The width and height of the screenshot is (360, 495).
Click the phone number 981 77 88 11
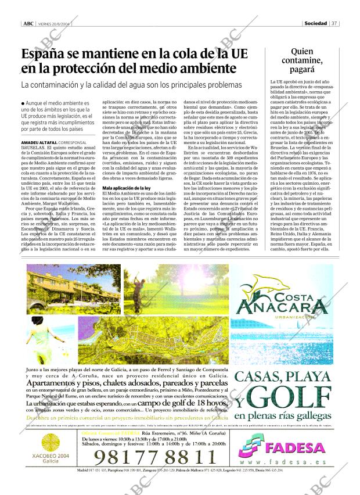click(154, 456)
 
